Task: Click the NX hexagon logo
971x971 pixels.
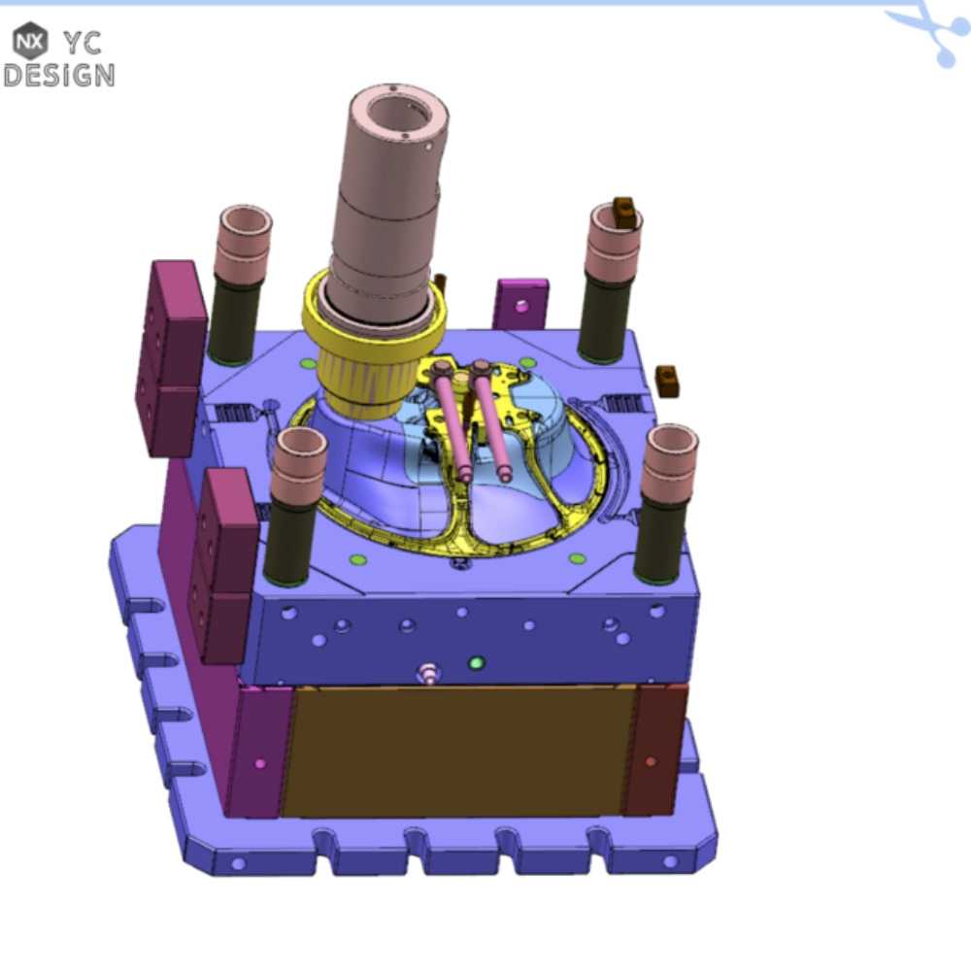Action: pyautogui.click(x=30, y=42)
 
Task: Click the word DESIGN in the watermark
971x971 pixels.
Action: pyautogui.click(x=59, y=76)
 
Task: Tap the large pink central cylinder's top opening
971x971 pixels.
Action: pyautogui.click(x=399, y=112)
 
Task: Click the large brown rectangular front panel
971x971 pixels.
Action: pyautogui.click(x=459, y=752)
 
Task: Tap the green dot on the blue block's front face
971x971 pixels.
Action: pyautogui.click(x=476, y=663)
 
